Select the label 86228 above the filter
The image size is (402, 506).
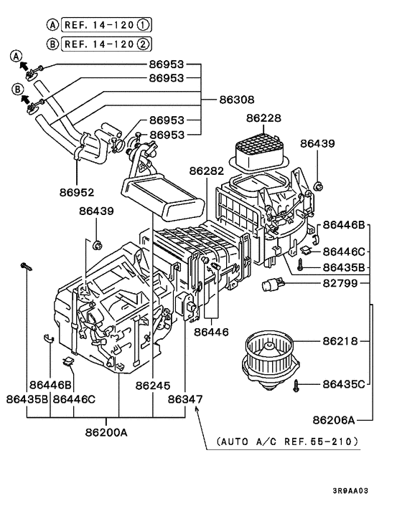tap(264, 119)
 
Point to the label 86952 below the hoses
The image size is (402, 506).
tap(77, 192)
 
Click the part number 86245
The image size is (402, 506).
tap(154, 385)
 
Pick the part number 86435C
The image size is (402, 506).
tap(344, 384)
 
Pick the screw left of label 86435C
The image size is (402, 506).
tap(296, 386)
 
